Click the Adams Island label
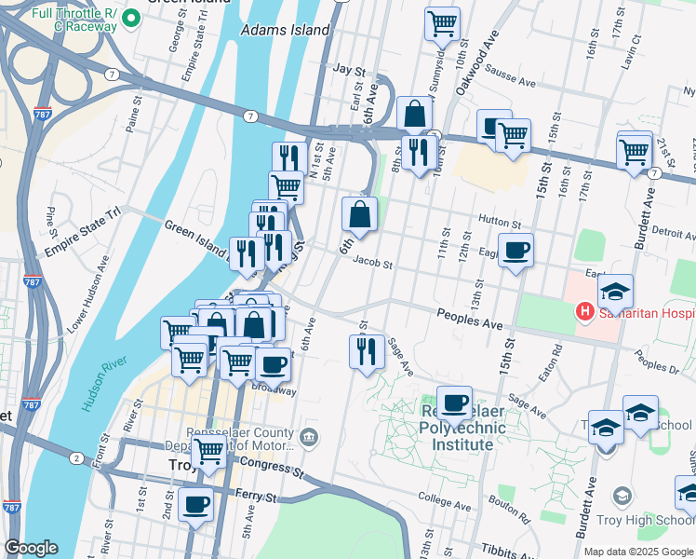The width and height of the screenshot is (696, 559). (x=285, y=30)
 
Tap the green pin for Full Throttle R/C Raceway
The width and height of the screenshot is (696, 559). (x=130, y=18)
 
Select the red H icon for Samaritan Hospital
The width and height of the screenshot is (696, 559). (x=585, y=311)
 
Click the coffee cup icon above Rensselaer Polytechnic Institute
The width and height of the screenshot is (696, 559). (x=454, y=403)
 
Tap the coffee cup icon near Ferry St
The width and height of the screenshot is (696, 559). (x=195, y=505)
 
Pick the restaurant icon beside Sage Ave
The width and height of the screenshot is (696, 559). (x=366, y=350)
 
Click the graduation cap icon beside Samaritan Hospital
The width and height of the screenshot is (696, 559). (x=615, y=292)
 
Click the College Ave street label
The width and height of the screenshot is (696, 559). (x=448, y=500)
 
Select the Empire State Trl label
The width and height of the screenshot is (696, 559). (x=91, y=213)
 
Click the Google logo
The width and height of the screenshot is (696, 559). (x=31, y=548)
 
